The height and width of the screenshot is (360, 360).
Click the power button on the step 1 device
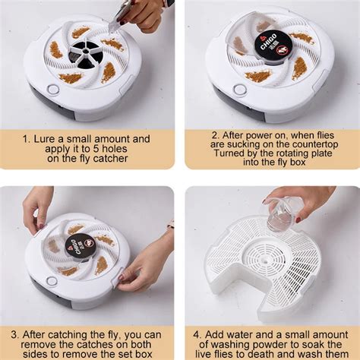[52, 90]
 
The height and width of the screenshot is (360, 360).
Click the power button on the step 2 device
[240, 90]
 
